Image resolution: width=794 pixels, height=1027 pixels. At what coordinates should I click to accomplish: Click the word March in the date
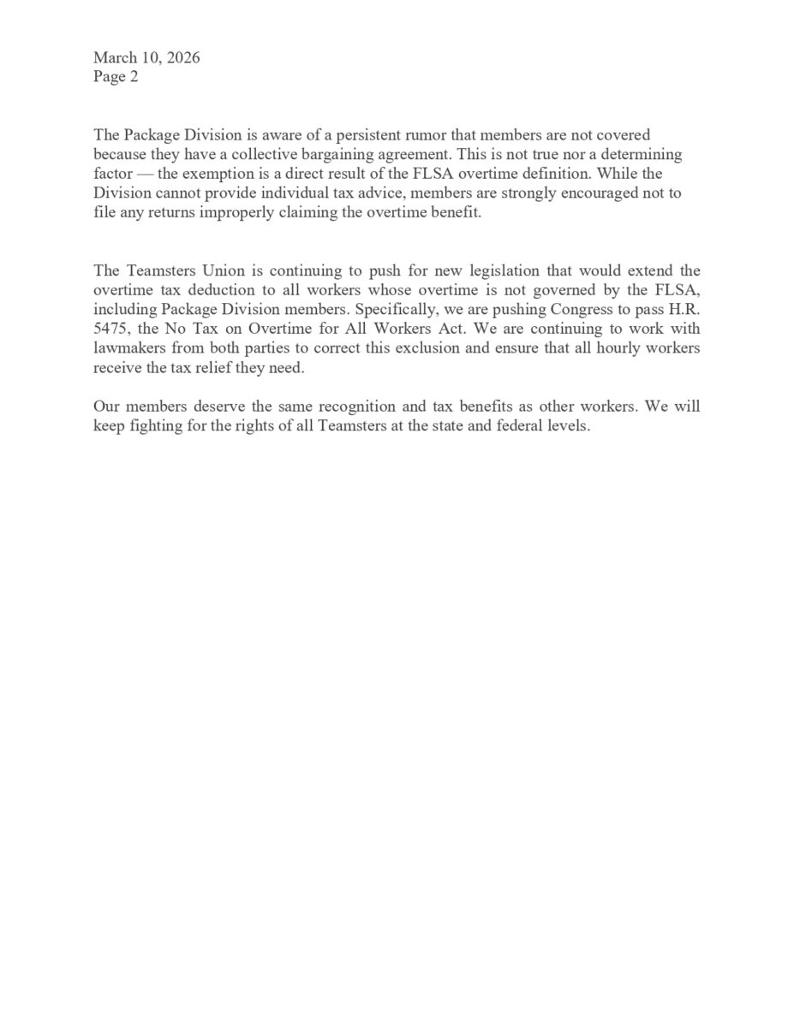click(x=116, y=58)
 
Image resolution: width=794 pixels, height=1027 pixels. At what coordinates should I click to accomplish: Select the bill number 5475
click(x=110, y=329)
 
